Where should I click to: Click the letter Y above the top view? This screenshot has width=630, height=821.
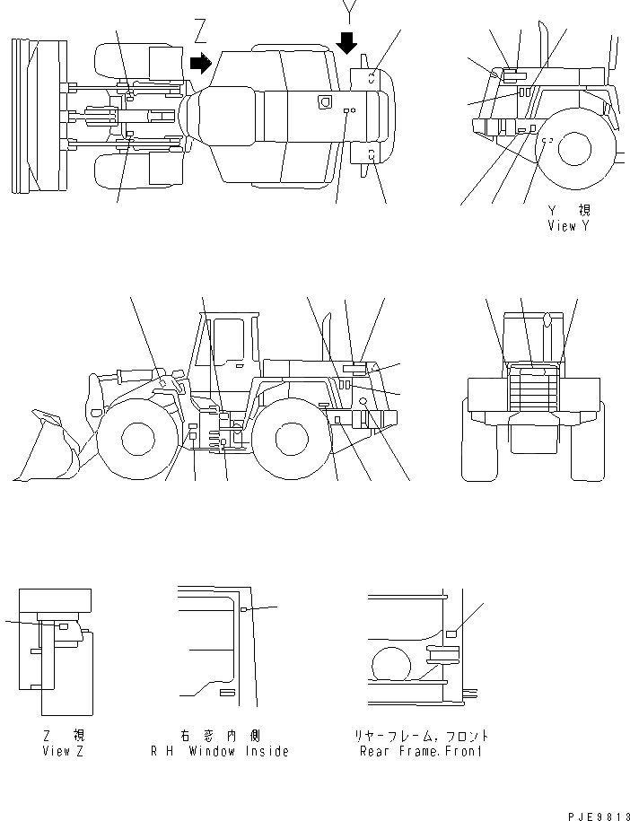point(348,12)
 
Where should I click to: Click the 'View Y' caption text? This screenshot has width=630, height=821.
point(568,226)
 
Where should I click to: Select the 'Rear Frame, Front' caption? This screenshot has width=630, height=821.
point(420,750)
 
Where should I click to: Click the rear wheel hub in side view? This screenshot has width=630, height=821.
point(292,439)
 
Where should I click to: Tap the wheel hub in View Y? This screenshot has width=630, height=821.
point(573,148)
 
